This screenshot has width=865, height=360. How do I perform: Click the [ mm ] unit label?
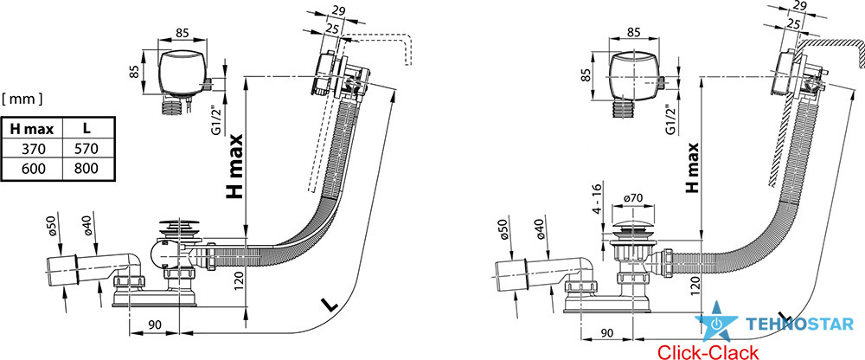[23, 100]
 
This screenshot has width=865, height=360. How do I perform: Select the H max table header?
[31, 128]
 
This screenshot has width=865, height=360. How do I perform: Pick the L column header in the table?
[87, 128]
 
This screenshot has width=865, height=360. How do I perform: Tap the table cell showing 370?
[31, 148]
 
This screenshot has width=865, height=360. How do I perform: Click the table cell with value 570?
[87, 148]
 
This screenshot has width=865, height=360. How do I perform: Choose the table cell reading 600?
[31, 169]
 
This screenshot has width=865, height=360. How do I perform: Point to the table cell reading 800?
[87, 169]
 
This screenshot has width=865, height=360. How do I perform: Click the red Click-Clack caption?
[708, 351]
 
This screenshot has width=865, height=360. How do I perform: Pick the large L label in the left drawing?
[328, 305]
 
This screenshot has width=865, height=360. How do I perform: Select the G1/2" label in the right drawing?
[672, 122]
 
